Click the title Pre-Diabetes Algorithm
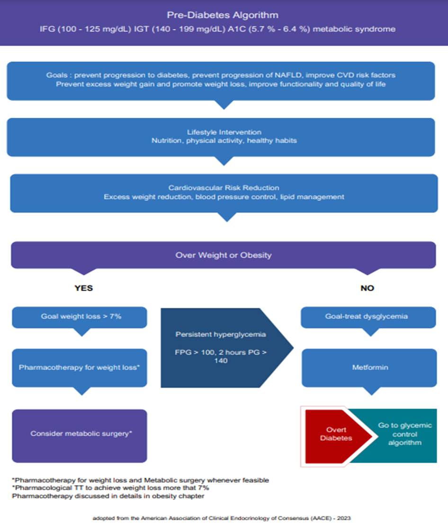click(x=223, y=15)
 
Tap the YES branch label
click(x=83, y=288)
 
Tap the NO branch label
click(x=367, y=288)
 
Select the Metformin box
click(x=369, y=368)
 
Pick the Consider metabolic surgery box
click(x=80, y=436)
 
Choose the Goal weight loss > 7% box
click(x=80, y=317)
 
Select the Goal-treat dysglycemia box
click(x=368, y=317)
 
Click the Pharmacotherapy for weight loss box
click(x=80, y=368)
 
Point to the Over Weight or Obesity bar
click(x=224, y=255)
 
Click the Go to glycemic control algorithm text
click(x=405, y=434)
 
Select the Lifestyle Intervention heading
click(x=224, y=132)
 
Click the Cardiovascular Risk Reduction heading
click(x=224, y=188)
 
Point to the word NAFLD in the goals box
click(x=288, y=75)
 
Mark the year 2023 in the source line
click(x=344, y=518)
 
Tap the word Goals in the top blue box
click(x=57, y=75)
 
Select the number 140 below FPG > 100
click(x=221, y=361)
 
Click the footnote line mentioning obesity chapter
click(x=108, y=496)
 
